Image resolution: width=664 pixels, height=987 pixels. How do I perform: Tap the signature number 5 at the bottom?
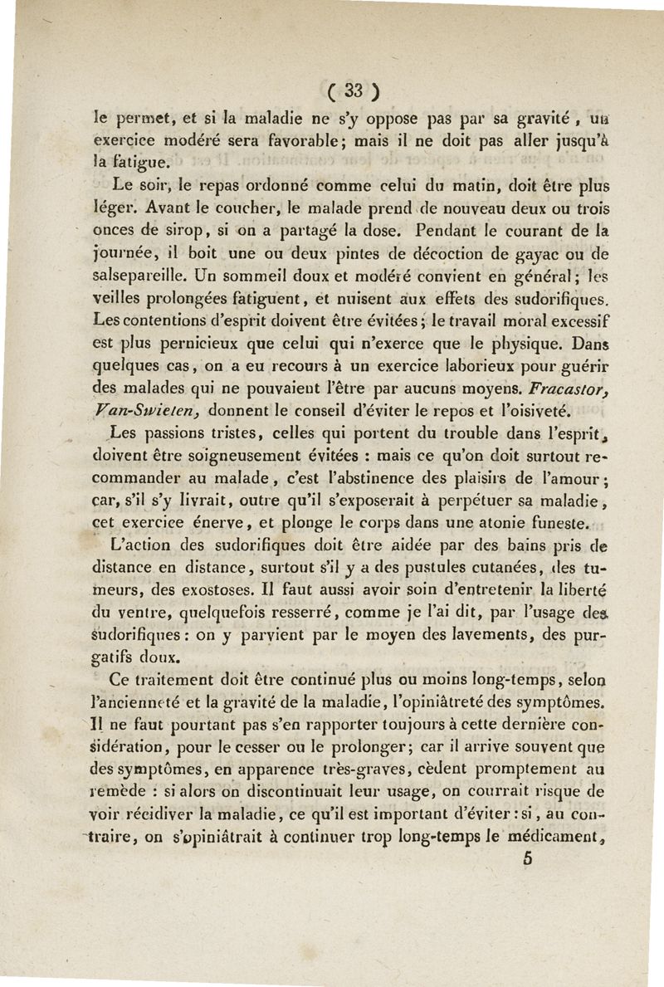[x=526, y=860]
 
